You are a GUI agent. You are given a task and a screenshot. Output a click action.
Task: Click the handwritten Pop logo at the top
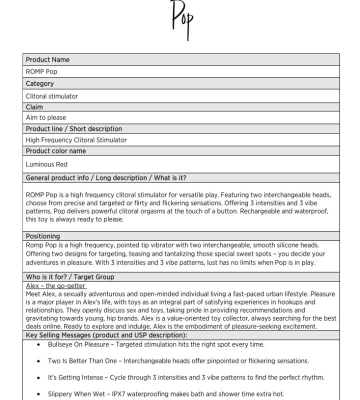pos(181,19)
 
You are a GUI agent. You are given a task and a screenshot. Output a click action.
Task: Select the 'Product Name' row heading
pos(48,59)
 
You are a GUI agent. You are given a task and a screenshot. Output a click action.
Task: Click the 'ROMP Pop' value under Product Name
pos(41,71)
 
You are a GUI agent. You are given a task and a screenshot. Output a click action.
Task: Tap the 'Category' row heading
pos(40,83)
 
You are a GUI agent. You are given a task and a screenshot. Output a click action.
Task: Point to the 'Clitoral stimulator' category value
pos(52,96)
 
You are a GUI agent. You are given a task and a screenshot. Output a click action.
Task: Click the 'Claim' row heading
pos(34,107)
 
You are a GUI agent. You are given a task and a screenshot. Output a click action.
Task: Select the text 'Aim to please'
pos(46,117)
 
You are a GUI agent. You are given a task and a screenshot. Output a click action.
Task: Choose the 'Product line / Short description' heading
pos(74,128)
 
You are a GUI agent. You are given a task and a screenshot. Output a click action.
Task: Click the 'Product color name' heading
pos(56,150)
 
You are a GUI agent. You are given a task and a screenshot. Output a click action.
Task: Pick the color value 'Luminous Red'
pos(46,164)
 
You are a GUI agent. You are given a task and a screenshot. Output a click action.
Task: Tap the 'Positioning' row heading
pos(43,236)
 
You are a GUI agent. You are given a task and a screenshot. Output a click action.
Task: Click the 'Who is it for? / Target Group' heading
pos(70,276)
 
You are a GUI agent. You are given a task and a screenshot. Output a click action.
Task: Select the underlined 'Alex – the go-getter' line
pos(56,285)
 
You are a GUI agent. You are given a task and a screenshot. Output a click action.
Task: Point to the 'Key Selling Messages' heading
pos(106,335)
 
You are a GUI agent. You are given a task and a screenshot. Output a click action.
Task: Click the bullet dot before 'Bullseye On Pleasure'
pos(39,344)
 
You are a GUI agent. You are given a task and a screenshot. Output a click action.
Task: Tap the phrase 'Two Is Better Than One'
pos(83,361)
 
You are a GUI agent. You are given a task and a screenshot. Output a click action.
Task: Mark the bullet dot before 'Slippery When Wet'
pos(39,394)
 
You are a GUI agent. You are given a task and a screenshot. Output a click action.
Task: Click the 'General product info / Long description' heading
pos(106,177)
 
